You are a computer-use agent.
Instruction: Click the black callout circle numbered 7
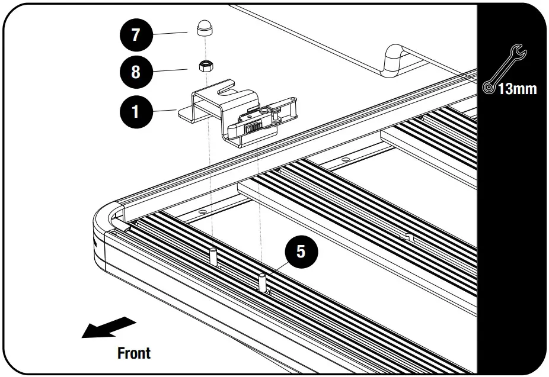tap(136, 34)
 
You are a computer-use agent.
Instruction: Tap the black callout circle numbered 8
tap(136, 72)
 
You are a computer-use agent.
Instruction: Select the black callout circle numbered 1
tap(136, 112)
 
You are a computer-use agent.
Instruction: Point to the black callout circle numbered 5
tap(301, 252)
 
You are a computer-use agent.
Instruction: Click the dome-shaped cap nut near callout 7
tap(205, 28)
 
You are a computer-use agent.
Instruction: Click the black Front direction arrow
tap(108, 327)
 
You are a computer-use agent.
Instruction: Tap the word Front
tap(134, 353)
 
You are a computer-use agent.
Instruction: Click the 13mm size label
tap(518, 89)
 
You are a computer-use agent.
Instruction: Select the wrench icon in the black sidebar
tap(504, 69)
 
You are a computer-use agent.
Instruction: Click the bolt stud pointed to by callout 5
tap(262, 282)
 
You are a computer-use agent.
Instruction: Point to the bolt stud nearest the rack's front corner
tap(213, 257)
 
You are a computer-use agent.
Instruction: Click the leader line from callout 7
tap(170, 33)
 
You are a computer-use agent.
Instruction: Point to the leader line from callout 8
tap(170, 70)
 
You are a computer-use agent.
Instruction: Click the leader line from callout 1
tap(165, 111)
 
